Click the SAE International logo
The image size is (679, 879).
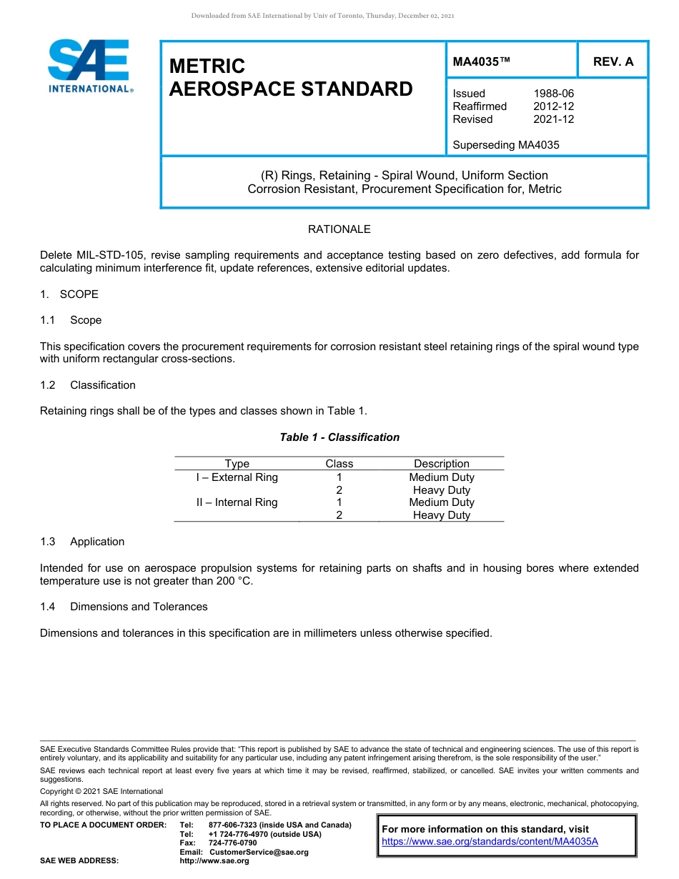[x=89, y=66]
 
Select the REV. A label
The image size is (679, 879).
[x=613, y=61]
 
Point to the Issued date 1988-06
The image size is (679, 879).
[x=553, y=94]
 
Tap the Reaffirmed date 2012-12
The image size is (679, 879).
[x=553, y=106]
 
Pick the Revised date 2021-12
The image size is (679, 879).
[x=553, y=119]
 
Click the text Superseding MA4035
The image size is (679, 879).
[x=505, y=145]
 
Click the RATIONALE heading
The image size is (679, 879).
[x=339, y=229]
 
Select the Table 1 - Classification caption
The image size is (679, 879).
[x=339, y=437]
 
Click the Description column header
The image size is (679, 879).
[x=441, y=464]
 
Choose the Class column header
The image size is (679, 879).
[x=339, y=464]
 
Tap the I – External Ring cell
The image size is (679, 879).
[x=237, y=477]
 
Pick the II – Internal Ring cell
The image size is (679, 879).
[x=237, y=502]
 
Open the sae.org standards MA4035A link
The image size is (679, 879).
[x=490, y=842]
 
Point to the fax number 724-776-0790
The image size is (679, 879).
[x=232, y=843]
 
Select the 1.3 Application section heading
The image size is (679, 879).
[x=82, y=542]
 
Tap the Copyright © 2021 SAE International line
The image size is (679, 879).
[x=101, y=791]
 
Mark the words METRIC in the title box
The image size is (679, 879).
[x=207, y=66]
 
